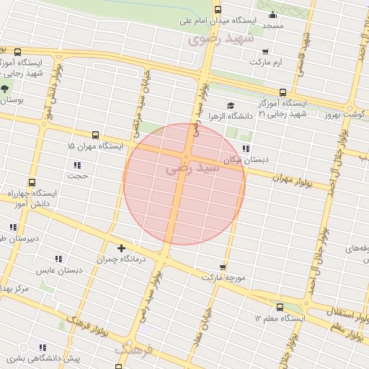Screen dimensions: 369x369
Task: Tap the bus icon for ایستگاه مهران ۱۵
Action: tap(95, 135)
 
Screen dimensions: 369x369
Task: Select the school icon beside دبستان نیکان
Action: tap(246, 149)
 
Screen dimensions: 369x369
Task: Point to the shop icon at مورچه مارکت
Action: tap(223, 267)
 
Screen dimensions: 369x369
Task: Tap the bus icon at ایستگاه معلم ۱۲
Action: tap(280, 307)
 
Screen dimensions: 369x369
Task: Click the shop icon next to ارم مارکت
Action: tap(266, 51)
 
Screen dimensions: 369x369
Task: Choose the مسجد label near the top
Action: tap(273, 25)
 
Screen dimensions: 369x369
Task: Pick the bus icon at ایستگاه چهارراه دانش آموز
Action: tap(31, 183)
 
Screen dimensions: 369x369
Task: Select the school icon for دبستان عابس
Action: tap(58, 259)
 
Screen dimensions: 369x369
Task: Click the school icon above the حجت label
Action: tap(77, 165)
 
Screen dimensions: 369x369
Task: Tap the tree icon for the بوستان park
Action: tap(6, 89)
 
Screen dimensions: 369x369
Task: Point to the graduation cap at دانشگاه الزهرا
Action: tap(231, 105)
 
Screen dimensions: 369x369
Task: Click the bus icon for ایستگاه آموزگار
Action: tap(282, 92)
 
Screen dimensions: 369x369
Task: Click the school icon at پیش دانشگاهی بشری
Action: tap(43, 347)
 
